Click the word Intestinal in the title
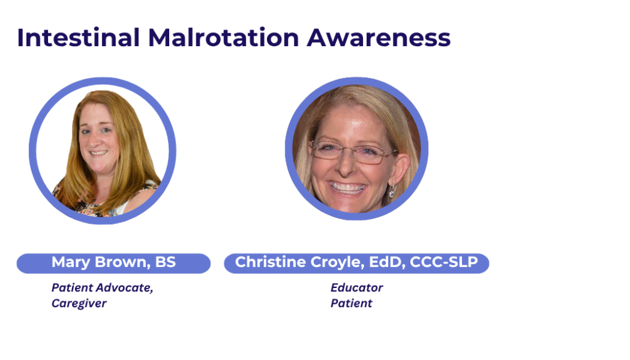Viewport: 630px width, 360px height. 78,38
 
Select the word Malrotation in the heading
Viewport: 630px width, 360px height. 223,38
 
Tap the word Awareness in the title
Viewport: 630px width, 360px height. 378,38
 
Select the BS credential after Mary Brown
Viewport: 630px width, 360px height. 165,262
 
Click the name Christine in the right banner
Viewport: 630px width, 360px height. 271,262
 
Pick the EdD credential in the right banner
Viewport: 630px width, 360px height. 386,262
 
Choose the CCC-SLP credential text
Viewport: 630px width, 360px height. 444,262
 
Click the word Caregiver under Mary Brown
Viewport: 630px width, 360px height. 79,303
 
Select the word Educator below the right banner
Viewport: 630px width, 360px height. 357,287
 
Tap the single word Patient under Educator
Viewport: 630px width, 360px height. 351,303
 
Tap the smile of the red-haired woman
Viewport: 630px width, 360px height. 98,153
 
